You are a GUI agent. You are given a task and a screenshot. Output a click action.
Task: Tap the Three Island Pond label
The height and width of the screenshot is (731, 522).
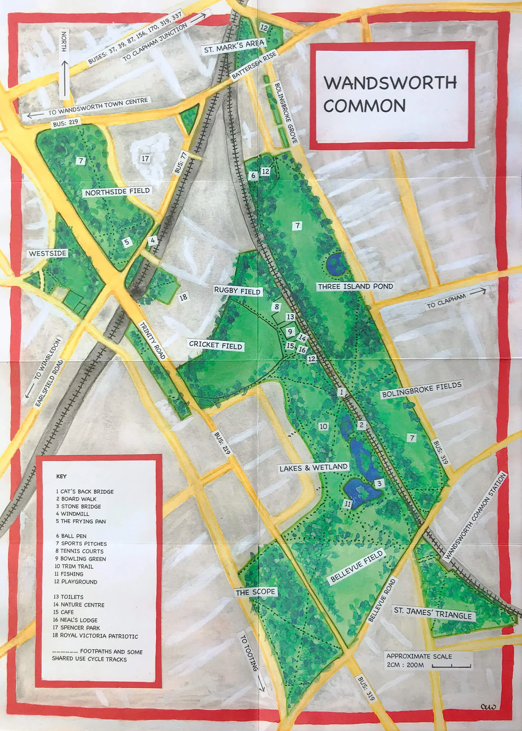355,286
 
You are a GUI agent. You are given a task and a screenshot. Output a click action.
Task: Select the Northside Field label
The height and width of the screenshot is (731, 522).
117,192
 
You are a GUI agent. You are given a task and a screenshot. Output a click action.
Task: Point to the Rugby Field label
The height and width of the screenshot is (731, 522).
237,291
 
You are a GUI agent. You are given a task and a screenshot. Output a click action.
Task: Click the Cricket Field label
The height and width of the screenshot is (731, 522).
216,345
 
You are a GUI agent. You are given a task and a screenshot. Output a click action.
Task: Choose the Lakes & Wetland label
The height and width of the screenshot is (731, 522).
313,468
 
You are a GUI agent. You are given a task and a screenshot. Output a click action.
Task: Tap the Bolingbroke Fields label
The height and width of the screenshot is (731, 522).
421,390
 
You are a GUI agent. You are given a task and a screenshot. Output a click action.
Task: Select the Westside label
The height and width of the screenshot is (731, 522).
47,254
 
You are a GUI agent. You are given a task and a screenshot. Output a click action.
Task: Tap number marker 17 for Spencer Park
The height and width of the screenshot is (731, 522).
145,158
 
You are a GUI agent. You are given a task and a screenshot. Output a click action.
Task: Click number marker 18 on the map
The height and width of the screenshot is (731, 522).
183,297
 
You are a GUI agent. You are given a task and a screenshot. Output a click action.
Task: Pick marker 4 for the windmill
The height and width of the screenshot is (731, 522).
153,240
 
